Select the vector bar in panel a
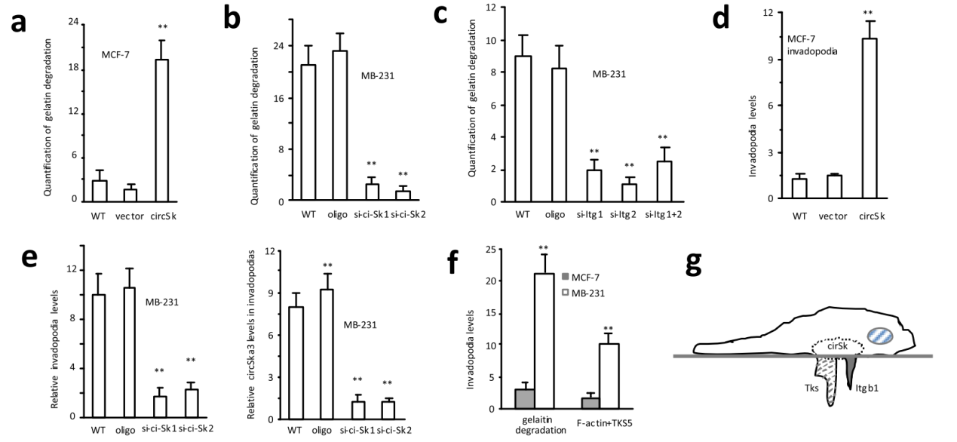[130, 195]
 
